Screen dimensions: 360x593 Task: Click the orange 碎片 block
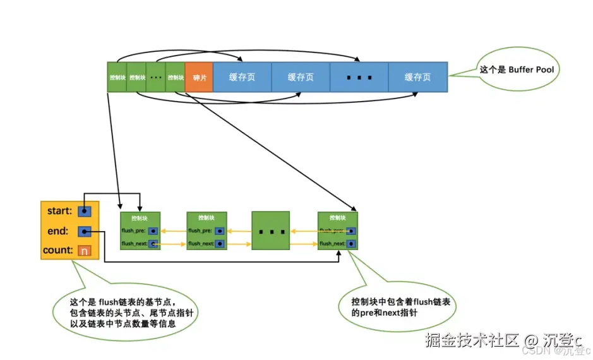(199, 78)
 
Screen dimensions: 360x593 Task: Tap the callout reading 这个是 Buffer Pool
(516, 69)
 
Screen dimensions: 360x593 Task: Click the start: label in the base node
(59, 210)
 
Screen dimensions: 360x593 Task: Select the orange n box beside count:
(84, 251)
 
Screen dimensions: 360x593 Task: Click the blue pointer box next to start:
(85, 210)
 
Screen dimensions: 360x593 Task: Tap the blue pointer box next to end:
(85, 231)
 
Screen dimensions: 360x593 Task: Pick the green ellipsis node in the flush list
(271, 231)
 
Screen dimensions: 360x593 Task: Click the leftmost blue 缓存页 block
(242, 77)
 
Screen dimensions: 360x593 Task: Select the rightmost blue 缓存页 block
(417, 77)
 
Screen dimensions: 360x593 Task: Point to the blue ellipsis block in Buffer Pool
(359, 77)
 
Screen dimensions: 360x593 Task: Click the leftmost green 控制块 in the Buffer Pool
(117, 78)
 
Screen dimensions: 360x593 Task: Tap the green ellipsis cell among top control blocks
(155, 78)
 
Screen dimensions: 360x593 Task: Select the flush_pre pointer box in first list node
(153, 231)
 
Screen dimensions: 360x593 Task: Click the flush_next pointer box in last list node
(350, 243)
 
